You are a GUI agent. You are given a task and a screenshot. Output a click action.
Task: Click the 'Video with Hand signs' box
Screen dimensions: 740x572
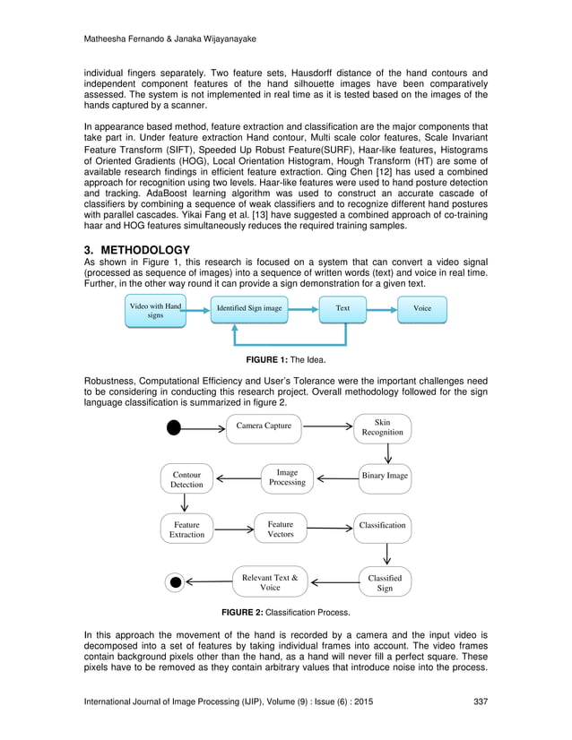[156, 310]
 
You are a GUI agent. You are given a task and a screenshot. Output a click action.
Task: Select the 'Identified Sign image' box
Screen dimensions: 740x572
[248, 309]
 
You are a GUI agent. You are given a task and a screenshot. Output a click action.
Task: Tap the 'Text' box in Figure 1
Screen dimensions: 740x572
[343, 309]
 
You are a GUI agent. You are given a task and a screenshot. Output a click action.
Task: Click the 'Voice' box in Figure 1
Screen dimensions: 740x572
[421, 309]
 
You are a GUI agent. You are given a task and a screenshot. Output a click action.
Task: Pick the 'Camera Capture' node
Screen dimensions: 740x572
[264, 426]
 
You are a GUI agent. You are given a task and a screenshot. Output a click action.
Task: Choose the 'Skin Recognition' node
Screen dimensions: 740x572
[382, 427]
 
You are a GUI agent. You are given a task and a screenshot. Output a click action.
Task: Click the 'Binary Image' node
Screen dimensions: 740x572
[385, 476]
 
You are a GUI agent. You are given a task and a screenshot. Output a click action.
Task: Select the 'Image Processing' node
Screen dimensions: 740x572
[287, 478]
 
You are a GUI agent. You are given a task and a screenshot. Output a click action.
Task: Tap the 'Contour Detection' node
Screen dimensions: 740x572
[187, 479]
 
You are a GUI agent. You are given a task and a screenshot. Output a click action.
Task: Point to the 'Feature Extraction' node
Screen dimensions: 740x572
[187, 529]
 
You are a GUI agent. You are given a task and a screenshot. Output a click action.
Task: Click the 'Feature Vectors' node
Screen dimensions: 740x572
[281, 529]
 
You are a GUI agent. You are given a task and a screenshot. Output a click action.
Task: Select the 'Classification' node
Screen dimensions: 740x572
[382, 525]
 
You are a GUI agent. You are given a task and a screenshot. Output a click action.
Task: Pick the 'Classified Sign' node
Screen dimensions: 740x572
[385, 583]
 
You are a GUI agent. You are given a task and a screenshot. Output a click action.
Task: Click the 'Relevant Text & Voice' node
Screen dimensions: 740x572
[270, 582]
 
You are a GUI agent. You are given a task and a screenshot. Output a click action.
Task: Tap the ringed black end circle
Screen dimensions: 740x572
[176, 583]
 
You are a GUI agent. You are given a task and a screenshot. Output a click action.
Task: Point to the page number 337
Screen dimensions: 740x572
[479, 701]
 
